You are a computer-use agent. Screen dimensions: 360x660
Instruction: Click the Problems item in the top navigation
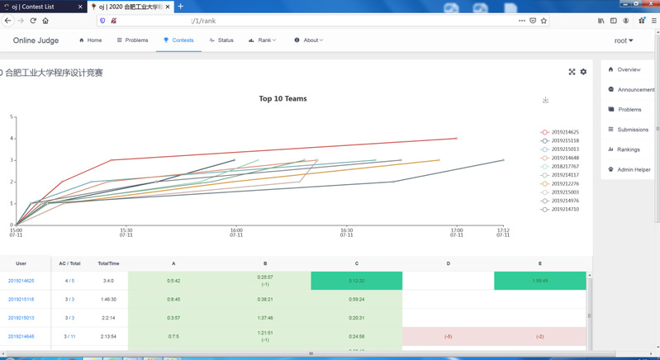pyautogui.click(x=132, y=40)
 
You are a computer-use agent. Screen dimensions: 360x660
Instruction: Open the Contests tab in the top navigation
pyautogui.click(x=178, y=40)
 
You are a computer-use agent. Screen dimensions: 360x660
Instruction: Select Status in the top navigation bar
pyautogui.click(x=221, y=40)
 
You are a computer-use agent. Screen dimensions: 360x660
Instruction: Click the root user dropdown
pyautogui.click(x=624, y=40)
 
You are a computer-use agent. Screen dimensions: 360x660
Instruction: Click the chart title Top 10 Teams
pyautogui.click(x=283, y=99)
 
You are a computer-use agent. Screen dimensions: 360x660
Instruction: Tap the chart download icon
pyautogui.click(x=545, y=100)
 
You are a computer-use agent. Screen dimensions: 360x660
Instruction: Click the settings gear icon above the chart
pyautogui.click(x=583, y=72)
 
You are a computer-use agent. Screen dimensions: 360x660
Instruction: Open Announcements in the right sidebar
pyautogui.click(x=634, y=89)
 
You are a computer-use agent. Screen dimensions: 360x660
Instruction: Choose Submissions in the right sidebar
pyautogui.click(x=632, y=130)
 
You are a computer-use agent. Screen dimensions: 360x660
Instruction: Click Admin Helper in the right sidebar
pyautogui.click(x=633, y=169)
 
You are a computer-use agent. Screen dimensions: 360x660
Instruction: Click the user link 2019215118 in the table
pyautogui.click(x=21, y=299)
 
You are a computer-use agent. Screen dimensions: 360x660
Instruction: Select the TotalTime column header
pyautogui.click(x=108, y=263)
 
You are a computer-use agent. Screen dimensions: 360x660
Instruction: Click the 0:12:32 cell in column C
pyautogui.click(x=356, y=281)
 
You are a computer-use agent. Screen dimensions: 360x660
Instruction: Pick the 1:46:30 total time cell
pyautogui.click(x=108, y=299)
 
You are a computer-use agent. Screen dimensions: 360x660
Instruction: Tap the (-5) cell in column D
pyautogui.click(x=448, y=336)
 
